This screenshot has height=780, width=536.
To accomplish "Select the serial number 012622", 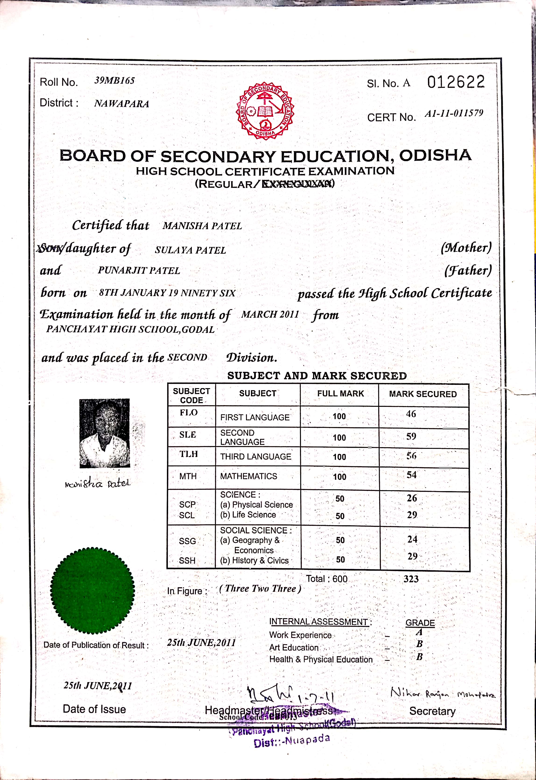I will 456,82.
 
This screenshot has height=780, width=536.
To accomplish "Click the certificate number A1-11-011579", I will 454,113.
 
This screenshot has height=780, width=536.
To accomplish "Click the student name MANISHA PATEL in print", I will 202,226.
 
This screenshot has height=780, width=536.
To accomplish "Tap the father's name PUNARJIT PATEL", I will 139,270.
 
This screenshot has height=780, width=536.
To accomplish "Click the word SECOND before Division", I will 187,357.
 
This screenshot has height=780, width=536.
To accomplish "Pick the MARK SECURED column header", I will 423,394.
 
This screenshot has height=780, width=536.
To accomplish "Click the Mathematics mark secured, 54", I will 411,475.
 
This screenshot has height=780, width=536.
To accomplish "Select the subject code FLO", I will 188,412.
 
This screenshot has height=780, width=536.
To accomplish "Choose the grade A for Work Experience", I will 419,632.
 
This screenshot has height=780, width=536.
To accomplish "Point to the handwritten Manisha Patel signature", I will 97,484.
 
